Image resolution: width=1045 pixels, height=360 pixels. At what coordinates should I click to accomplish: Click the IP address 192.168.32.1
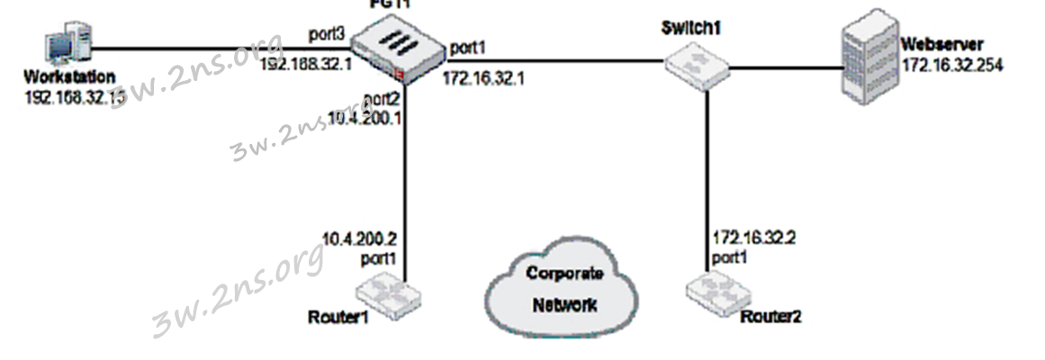click(305, 65)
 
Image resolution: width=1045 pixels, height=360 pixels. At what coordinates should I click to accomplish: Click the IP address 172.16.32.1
click(483, 78)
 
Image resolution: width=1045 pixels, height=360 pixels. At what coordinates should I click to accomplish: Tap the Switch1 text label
click(690, 29)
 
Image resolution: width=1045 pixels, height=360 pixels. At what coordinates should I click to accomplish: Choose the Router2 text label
click(770, 317)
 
